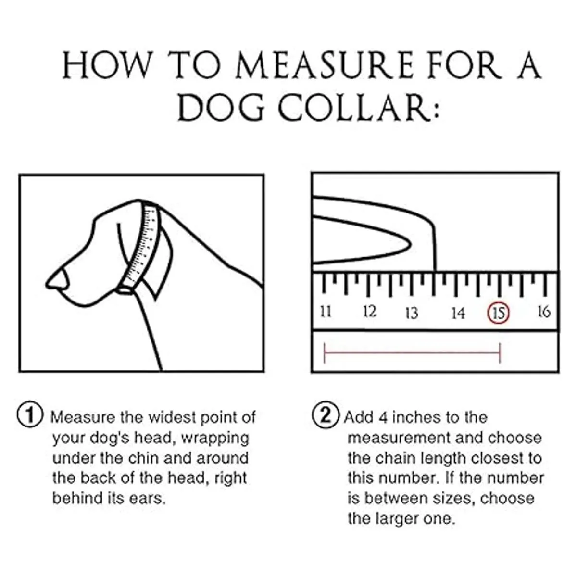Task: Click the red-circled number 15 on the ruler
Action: [x=499, y=313]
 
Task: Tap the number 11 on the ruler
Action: [x=326, y=312]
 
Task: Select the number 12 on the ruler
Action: [x=369, y=312]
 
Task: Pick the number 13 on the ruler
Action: [x=412, y=313]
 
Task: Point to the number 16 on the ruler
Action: [x=543, y=312]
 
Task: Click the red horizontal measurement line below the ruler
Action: [x=413, y=353]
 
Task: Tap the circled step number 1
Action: [x=30, y=414]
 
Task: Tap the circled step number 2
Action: [x=326, y=414]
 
